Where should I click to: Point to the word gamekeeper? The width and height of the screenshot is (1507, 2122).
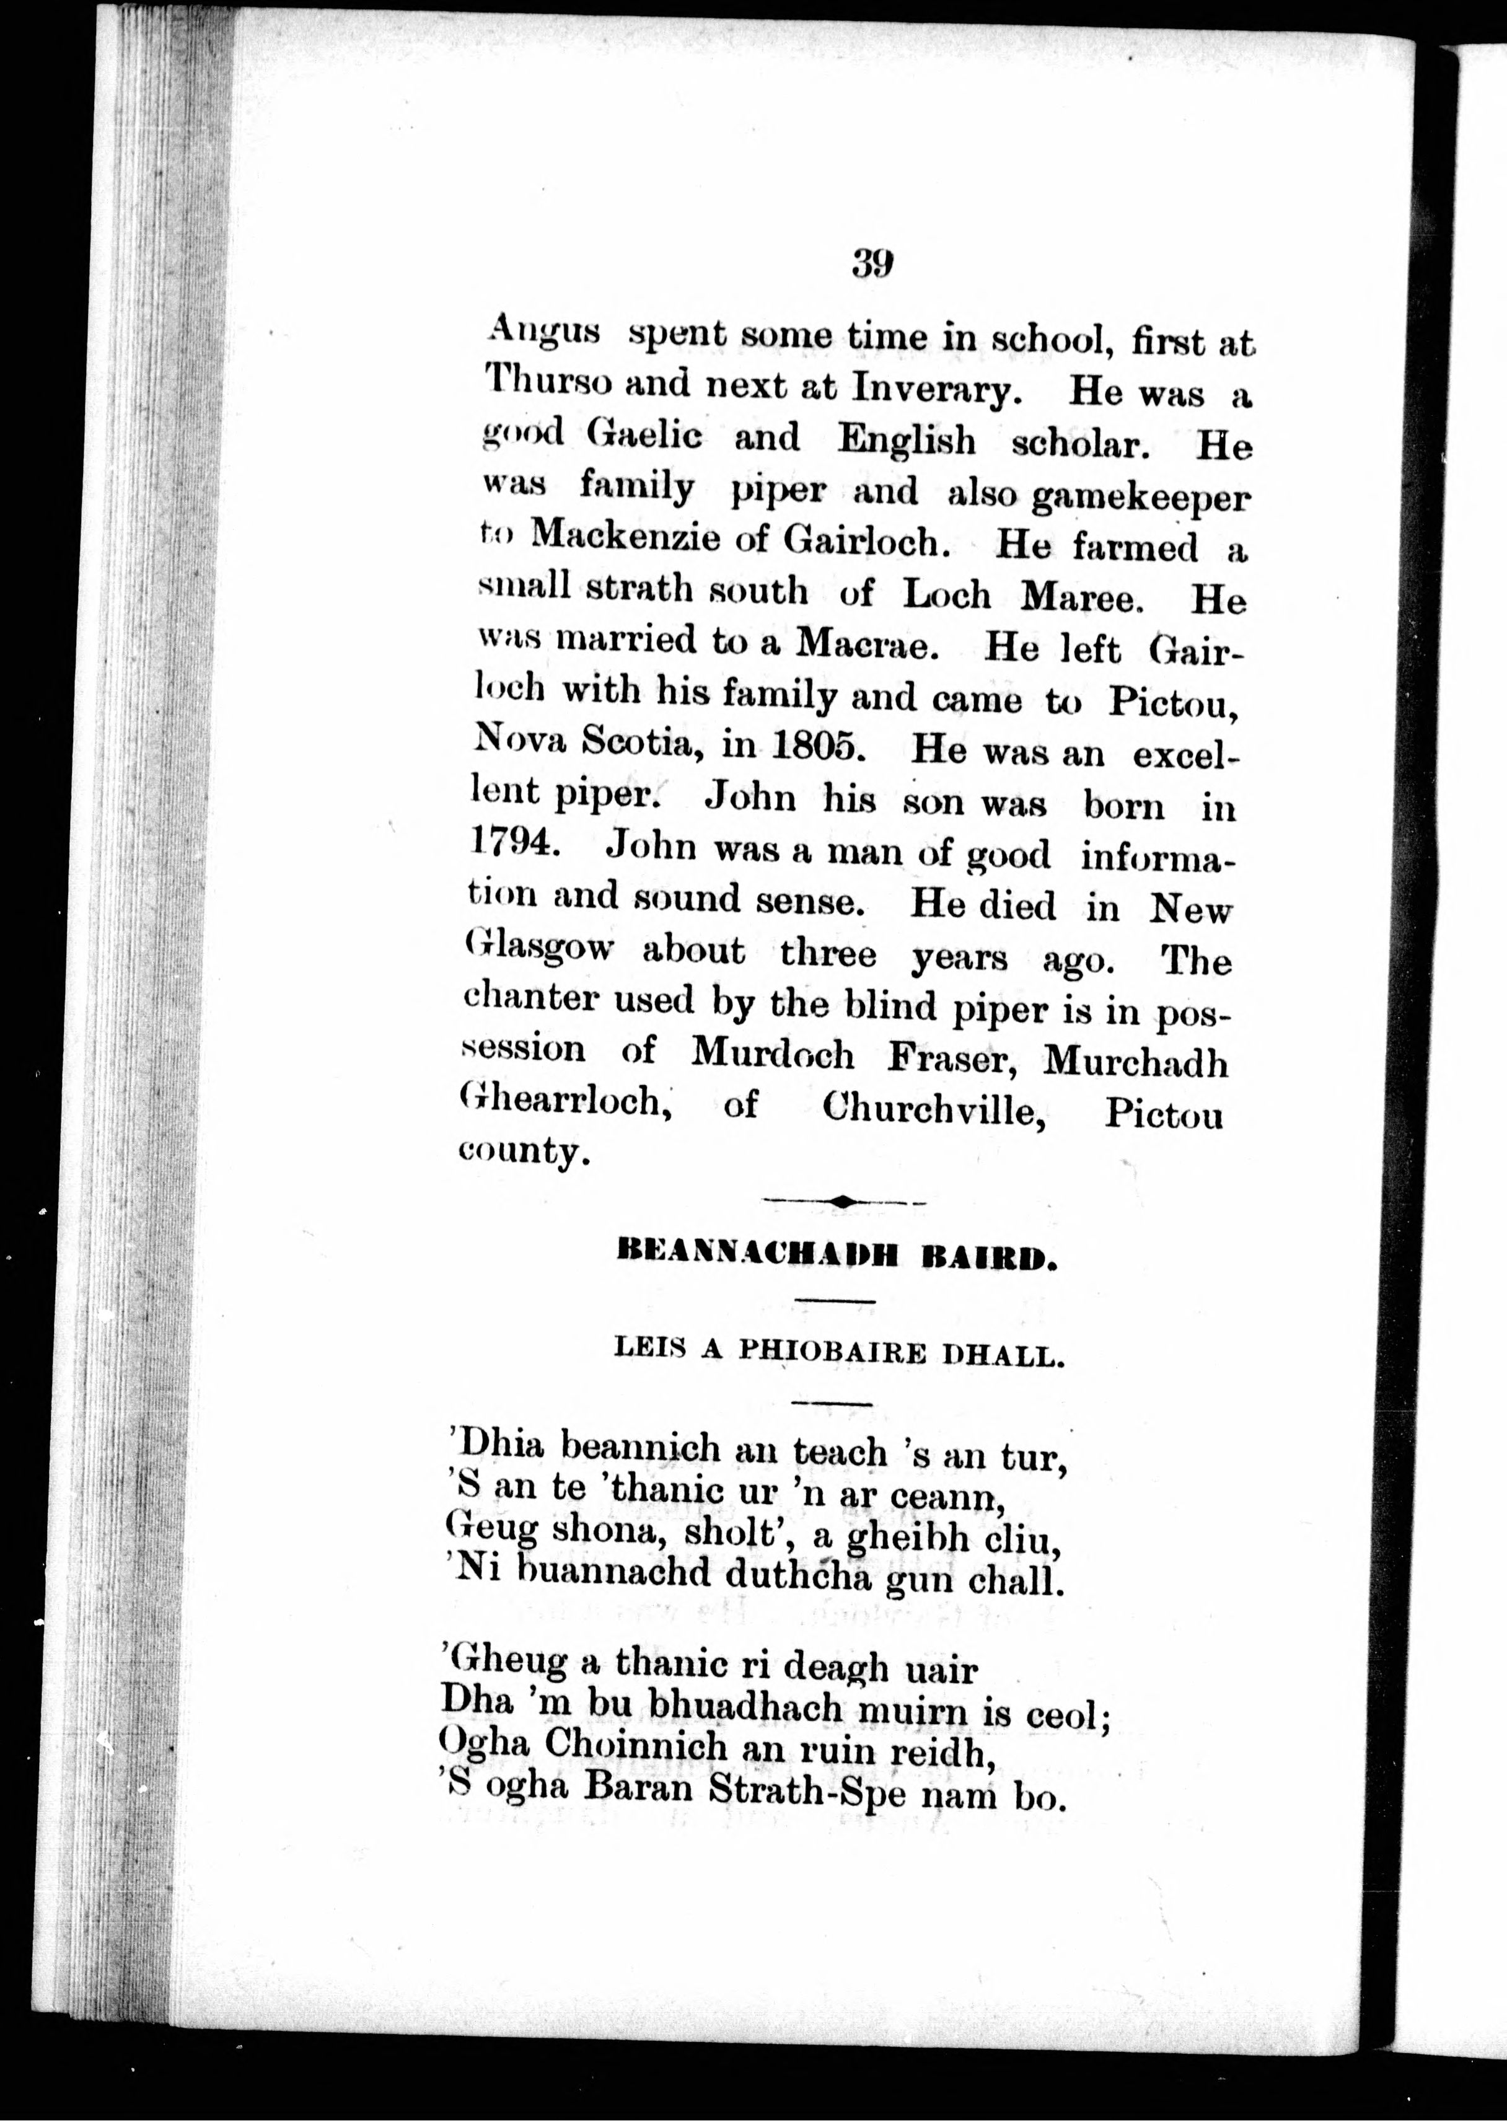click(x=1140, y=498)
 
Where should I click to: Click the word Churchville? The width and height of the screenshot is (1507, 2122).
click(x=934, y=1109)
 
